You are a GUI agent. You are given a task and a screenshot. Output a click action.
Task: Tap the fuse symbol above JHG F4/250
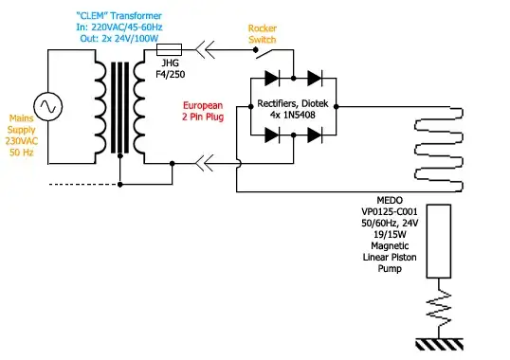click(x=172, y=47)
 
